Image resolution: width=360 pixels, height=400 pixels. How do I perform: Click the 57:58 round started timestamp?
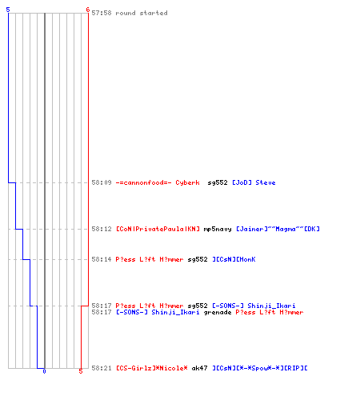pyautogui.click(x=102, y=13)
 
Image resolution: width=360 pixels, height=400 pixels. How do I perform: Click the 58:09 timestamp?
pyautogui.click(x=102, y=182)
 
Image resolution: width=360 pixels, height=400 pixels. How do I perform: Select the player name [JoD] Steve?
pyautogui.click(x=254, y=182)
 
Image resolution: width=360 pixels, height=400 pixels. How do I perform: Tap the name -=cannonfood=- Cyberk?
pyautogui.click(x=158, y=182)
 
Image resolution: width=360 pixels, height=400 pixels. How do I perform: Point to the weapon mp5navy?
pyautogui.click(x=218, y=229)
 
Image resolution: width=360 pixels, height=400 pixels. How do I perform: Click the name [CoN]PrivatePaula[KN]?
pyautogui.click(x=158, y=229)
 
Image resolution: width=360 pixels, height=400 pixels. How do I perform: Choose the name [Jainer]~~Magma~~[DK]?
pyautogui.click(x=278, y=229)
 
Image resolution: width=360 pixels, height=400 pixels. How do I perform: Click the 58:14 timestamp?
pyautogui.click(x=102, y=259)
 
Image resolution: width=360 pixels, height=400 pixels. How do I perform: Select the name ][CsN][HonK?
pyautogui.click(x=234, y=259)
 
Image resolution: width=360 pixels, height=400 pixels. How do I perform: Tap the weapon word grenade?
pyautogui.click(x=218, y=312)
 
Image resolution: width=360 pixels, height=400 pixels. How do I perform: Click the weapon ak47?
pyautogui.click(x=199, y=368)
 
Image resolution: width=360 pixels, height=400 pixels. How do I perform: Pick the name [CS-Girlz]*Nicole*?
pyautogui.click(x=152, y=368)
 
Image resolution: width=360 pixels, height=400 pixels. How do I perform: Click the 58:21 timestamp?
pyautogui.click(x=102, y=368)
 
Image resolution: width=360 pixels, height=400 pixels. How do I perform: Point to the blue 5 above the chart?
pyautogui.click(x=8, y=10)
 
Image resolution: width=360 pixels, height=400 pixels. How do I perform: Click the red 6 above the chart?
pyautogui.click(x=88, y=10)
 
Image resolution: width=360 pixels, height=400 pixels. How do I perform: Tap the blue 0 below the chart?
pyautogui.click(x=44, y=371)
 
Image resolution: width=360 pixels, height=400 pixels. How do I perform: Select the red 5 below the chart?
pyautogui.click(x=81, y=371)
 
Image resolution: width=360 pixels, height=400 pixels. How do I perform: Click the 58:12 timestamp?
pyautogui.click(x=102, y=229)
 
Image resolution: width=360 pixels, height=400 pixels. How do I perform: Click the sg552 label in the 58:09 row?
pyautogui.click(x=218, y=182)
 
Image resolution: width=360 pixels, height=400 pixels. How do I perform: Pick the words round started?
pyautogui.click(x=142, y=13)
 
